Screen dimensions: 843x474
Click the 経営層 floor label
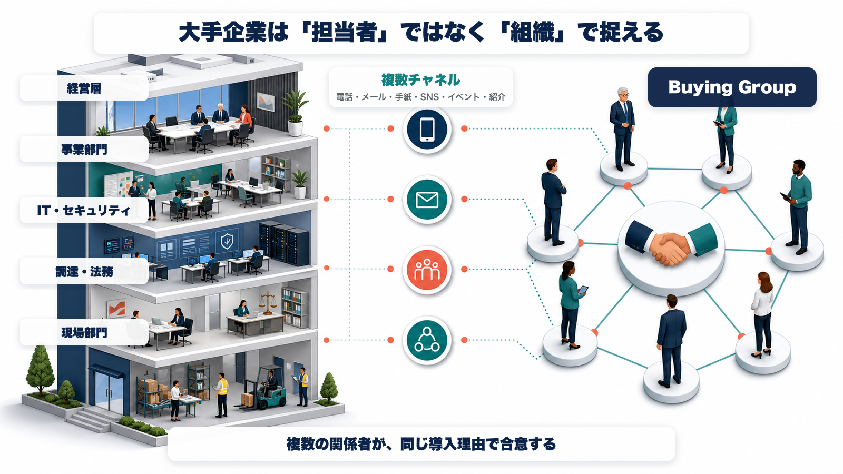point(84,88)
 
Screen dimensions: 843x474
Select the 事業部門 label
point(84,150)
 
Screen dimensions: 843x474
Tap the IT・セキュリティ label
point(84,210)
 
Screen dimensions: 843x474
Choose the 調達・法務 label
point(84,272)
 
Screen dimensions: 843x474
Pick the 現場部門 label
point(84,332)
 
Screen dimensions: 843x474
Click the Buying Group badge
point(732,87)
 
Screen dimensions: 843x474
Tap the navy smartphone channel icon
point(427,129)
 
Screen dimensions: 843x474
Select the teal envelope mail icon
point(427,200)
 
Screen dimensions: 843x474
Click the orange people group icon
point(427,269)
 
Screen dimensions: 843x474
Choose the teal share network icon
point(427,340)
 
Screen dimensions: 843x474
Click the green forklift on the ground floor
point(263,388)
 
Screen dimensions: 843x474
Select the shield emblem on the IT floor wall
point(227,241)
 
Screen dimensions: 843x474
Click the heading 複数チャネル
point(421,80)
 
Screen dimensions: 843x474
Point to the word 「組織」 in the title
point(532,32)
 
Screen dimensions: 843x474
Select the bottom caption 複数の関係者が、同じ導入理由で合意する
point(421,445)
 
